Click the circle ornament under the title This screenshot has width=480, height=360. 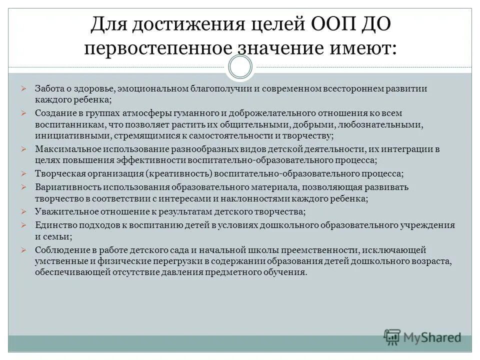pos(239,67)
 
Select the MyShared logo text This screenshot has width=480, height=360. pos(433,337)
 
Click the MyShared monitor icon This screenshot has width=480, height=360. pos(392,336)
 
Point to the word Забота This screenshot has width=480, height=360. pos(49,88)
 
